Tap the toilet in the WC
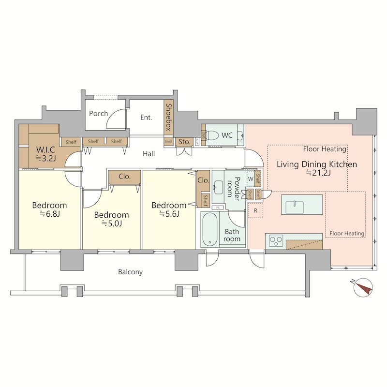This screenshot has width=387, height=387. tap(212, 135)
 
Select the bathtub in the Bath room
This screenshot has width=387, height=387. tap(210, 229)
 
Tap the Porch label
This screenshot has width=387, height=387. tap(99, 114)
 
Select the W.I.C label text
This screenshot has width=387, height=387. tap(45, 149)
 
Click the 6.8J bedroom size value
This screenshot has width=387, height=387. tap(50, 214)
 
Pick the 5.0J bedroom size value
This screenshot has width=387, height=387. tap(112, 223)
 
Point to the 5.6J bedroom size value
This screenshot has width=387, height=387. tap(169, 214)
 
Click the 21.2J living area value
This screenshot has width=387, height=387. tap(318, 173)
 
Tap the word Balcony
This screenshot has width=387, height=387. tap(130, 272)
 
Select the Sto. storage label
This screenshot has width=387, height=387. tap(184, 142)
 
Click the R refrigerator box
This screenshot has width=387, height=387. tap(255, 210)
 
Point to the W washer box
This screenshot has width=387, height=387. tap(251, 179)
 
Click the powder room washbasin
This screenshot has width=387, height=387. tap(218, 187)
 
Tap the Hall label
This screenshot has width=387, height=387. tap(149, 154)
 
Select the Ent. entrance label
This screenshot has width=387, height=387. tap(146, 117)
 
